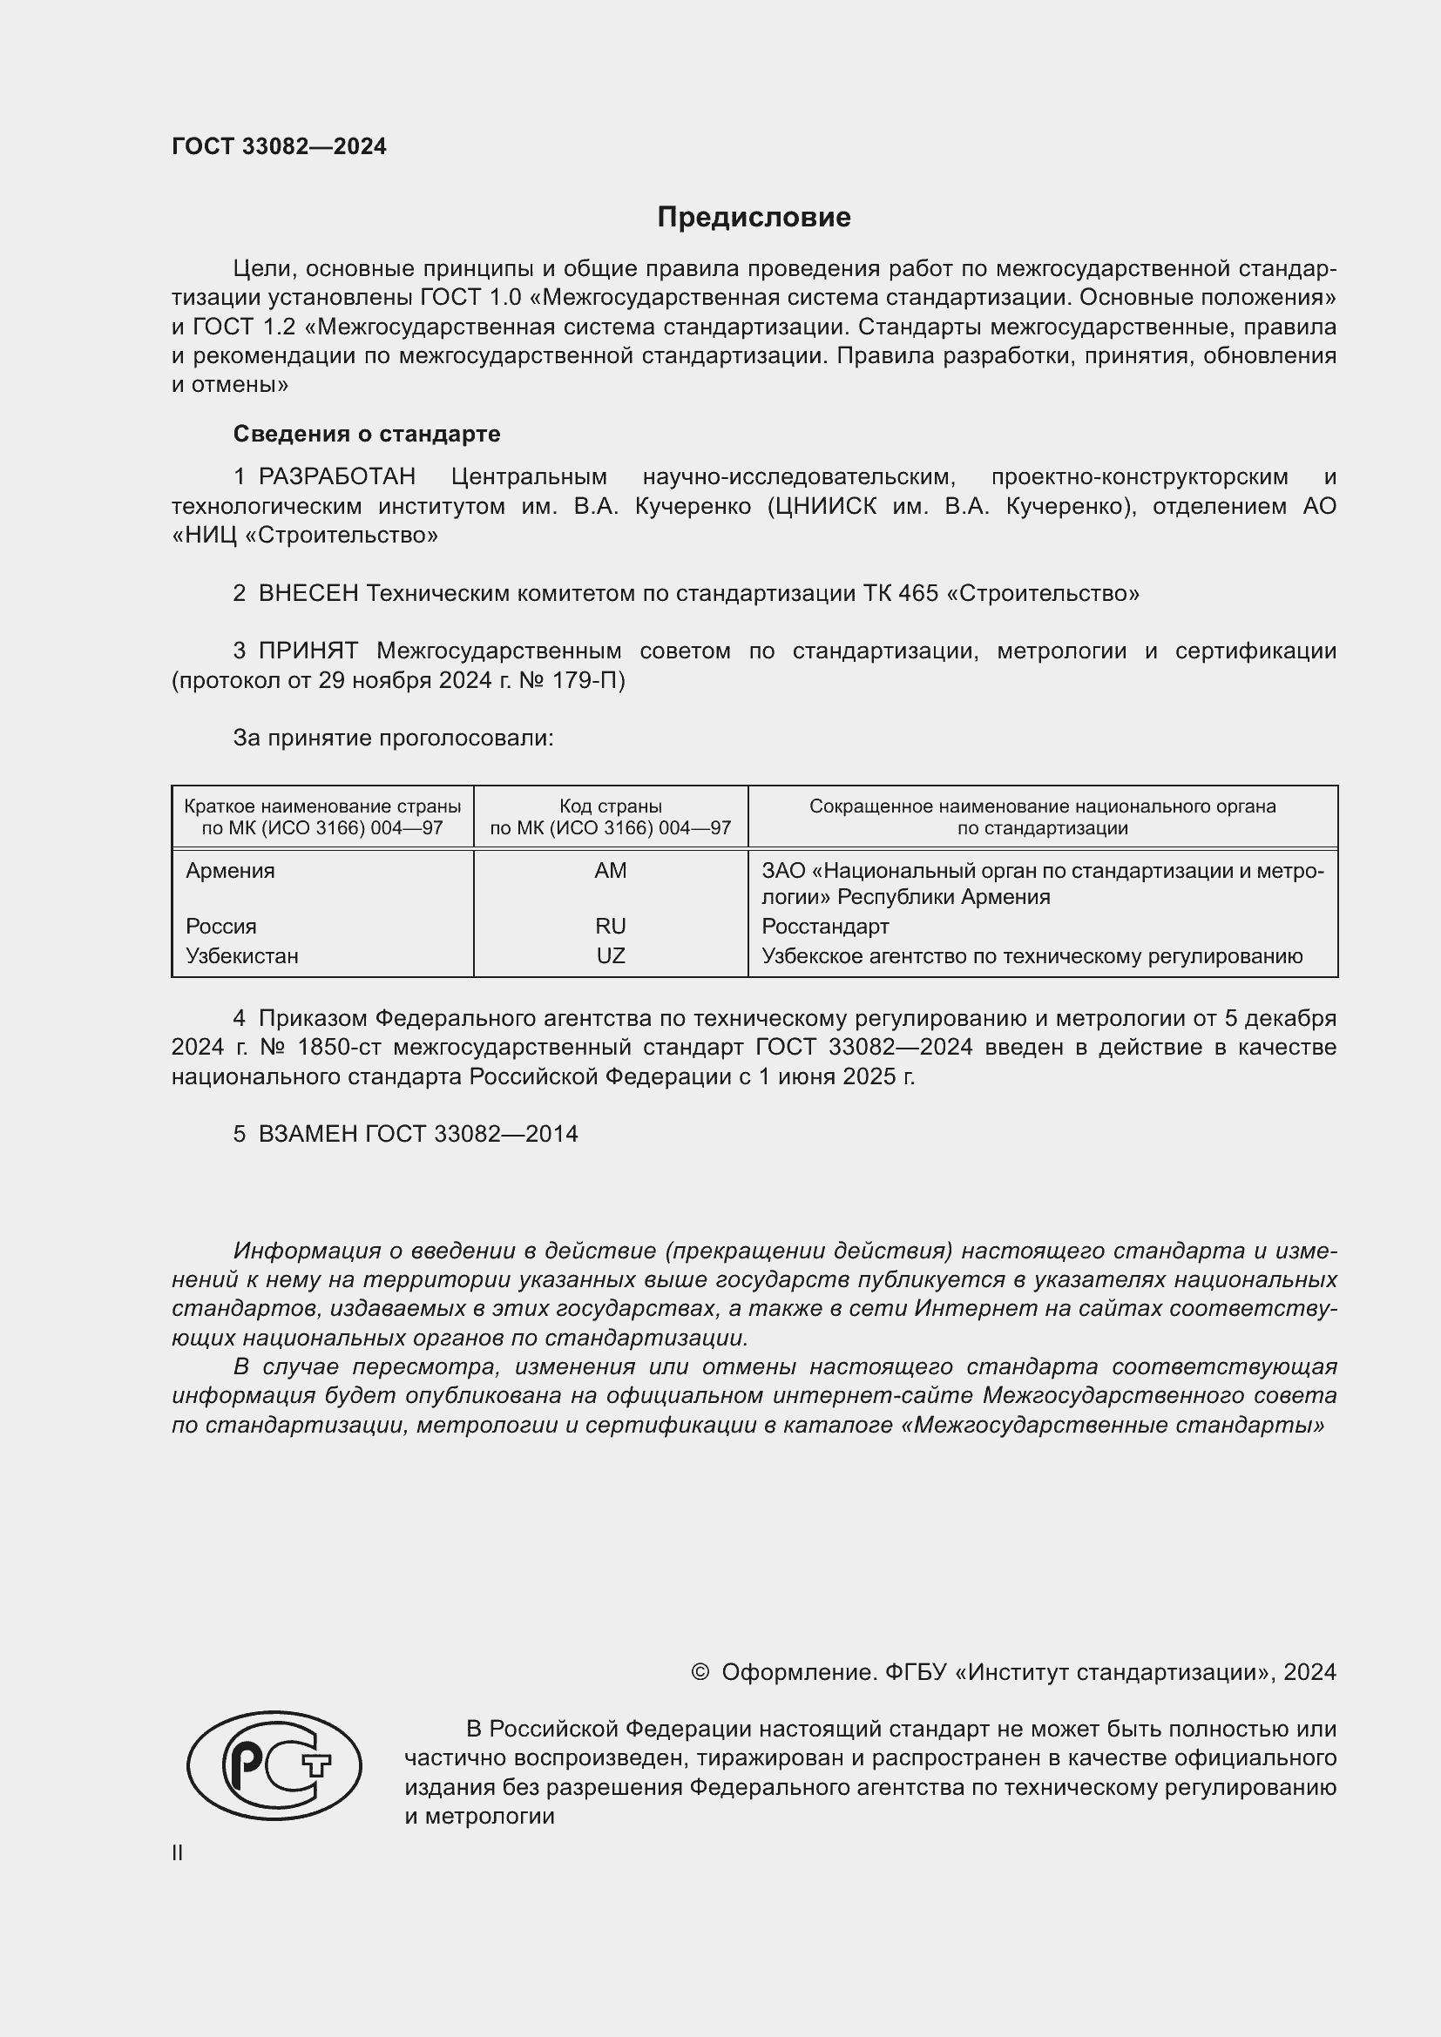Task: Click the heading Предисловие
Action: (754, 218)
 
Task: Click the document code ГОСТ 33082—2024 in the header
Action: (279, 146)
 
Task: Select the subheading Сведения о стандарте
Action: (367, 434)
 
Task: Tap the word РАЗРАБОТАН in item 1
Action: (336, 476)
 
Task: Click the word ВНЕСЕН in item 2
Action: (308, 593)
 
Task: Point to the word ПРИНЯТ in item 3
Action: (308, 651)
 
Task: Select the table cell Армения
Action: (230, 870)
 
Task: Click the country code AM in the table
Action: (611, 870)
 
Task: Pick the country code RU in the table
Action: (611, 927)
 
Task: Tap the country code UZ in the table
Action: (611, 955)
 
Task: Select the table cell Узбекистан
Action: (241, 955)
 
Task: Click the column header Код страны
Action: (611, 806)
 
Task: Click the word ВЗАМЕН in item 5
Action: (308, 1134)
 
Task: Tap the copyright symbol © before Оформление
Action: (700, 1671)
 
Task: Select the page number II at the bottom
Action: (178, 1852)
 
